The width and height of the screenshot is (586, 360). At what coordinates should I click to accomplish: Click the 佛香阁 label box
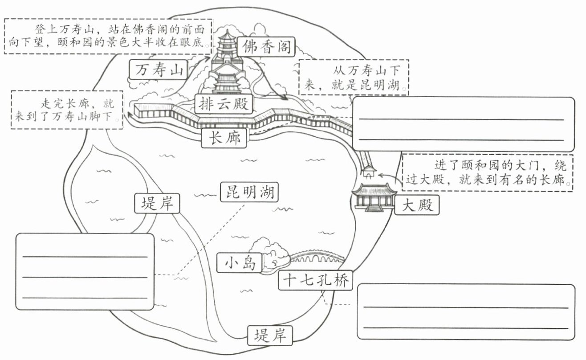[266, 47]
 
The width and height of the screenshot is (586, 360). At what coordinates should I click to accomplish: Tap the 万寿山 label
[159, 70]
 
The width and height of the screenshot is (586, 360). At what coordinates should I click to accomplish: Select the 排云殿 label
[224, 104]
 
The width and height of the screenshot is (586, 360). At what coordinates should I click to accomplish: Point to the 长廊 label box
[224, 138]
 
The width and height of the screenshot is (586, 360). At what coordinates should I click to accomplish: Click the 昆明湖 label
[249, 192]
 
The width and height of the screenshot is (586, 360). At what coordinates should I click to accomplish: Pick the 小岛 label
[240, 262]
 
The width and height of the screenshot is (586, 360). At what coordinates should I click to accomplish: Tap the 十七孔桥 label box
[316, 280]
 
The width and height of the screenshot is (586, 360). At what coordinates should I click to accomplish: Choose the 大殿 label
[417, 205]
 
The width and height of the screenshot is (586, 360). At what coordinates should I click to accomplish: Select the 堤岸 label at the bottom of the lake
[270, 335]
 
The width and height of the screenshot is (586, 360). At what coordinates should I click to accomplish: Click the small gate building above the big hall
[369, 172]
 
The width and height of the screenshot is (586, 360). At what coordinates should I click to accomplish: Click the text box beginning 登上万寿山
[108, 36]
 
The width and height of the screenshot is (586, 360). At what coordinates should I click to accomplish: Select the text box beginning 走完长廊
[67, 110]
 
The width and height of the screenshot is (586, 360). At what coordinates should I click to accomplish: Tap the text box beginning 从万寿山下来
[354, 77]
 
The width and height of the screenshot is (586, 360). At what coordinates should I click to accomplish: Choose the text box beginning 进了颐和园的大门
[488, 173]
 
